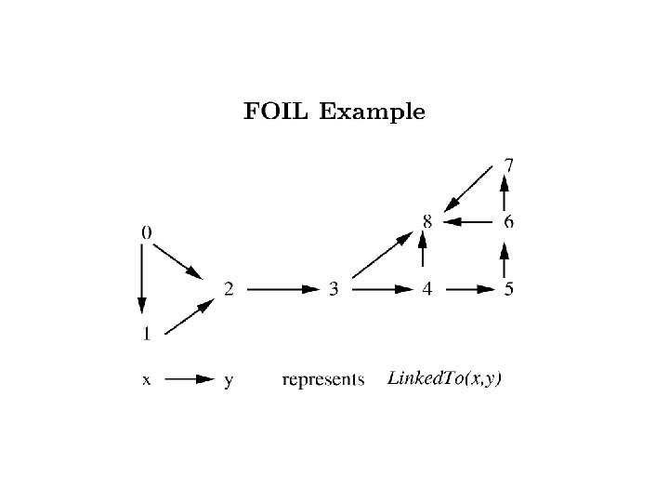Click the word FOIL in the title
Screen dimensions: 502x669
coord(275,113)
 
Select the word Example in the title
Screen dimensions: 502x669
coord(372,113)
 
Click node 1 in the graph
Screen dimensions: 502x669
coord(147,332)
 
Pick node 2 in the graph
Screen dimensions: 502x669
coord(229,289)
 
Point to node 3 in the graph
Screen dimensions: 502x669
coord(334,289)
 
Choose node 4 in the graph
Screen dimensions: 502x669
coord(426,289)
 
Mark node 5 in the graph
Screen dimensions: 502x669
coord(508,289)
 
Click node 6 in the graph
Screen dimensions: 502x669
coord(508,221)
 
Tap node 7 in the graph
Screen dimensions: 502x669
coord(508,166)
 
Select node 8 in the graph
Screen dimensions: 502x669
coord(426,221)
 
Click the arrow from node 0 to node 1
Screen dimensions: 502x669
coord(142,279)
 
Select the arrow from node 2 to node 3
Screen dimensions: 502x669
coord(282,289)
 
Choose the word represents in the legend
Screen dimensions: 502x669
coord(322,379)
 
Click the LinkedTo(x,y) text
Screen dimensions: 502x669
coord(444,378)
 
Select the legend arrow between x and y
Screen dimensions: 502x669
coord(190,379)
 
